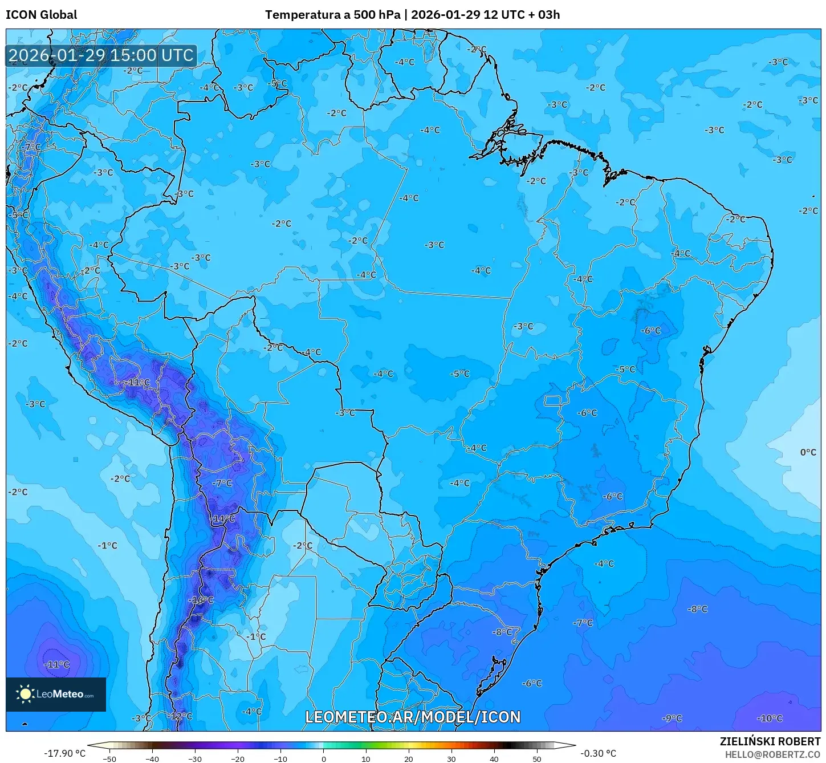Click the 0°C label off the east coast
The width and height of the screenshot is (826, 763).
click(x=808, y=452)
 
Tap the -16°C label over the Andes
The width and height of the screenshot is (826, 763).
click(x=202, y=600)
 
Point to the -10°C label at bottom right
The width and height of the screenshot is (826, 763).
click(x=770, y=719)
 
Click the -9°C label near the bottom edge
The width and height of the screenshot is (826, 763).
click(x=672, y=719)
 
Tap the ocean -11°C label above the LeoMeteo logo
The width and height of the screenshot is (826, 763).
click(x=57, y=664)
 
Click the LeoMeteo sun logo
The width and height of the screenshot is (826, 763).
click(x=25, y=694)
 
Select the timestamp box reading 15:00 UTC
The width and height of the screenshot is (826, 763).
click(x=101, y=55)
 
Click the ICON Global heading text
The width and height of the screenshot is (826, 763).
click(x=41, y=15)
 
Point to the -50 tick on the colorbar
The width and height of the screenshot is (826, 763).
click(x=109, y=758)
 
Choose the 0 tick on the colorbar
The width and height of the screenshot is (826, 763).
click(x=323, y=758)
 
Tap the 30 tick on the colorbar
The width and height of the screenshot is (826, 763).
click(x=451, y=758)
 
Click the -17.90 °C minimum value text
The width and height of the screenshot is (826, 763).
click(x=64, y=753)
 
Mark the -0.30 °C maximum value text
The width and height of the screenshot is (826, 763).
click(x=598, y=753)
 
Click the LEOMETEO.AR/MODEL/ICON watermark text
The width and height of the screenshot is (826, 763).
click(x=413, y=717)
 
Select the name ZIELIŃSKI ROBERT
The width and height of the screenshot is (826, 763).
click(x=770, y=741)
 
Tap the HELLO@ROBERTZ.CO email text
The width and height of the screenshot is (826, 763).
click(x=772, y=754)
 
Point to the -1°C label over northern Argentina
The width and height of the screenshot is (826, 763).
click(x=257, y=636)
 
